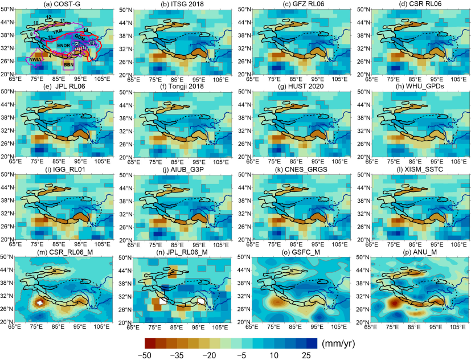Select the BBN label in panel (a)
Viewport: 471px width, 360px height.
pyautogui.click(x=69, y=66)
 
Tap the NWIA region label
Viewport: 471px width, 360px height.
pyautogui.click(x=35, y=59)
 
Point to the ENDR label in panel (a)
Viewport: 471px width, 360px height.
pyautogui.click(x=63, y=45)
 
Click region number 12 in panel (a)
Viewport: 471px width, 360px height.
pyautogui.click(x=49, y=17)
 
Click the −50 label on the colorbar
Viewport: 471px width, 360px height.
pyautogui.click(x=149, y=354)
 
